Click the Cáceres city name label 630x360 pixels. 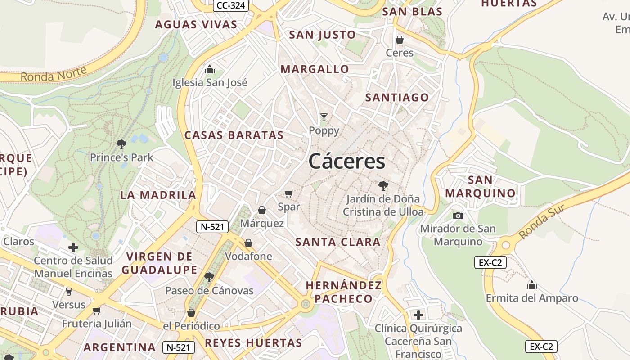tap(347, 162)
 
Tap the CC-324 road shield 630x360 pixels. tap(231, 5)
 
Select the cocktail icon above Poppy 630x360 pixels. tap(324, 118)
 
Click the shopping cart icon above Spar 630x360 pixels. tap(289, 194)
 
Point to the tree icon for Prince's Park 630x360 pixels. tap(121, 144)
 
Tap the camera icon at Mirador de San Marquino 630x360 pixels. tap(458, 216)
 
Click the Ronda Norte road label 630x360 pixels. tap(54, 75)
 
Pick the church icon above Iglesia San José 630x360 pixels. tap(210, 70)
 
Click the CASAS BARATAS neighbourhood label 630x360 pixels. tap(234, 135)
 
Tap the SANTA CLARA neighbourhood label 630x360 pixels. tap(338, 242)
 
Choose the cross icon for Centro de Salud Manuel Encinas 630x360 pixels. tap(73, 247)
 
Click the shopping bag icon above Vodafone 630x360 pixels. tap(248, 243)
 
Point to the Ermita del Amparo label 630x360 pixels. tap(532, 298)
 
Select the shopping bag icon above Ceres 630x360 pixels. tap(399, 40)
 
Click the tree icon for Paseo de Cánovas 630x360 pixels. tap(209, 277)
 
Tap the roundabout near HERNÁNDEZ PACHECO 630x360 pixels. tap(306, 304)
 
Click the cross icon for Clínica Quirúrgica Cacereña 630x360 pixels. tap(418, 315)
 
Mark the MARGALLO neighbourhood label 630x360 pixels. tap(315, 69)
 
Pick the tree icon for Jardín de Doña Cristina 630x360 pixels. tap(383, 185)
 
